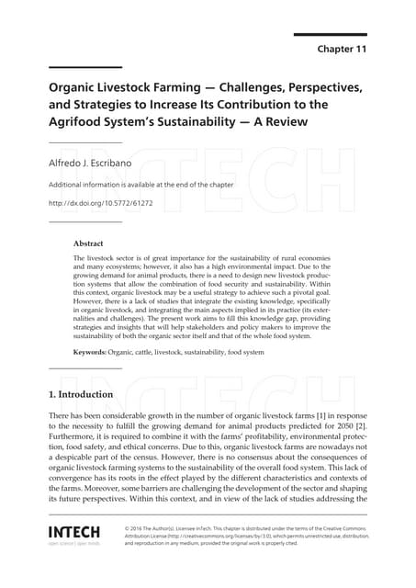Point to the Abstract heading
click(x=89, y=244)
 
